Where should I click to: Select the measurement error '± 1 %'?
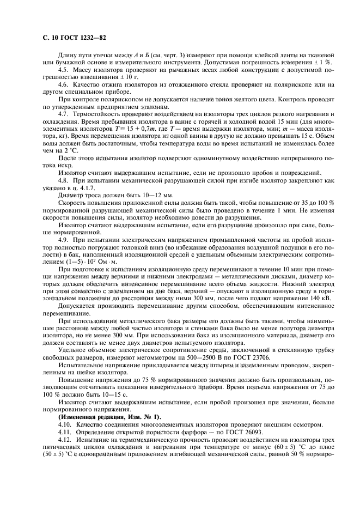pyautogui.click(x=322, y=62)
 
